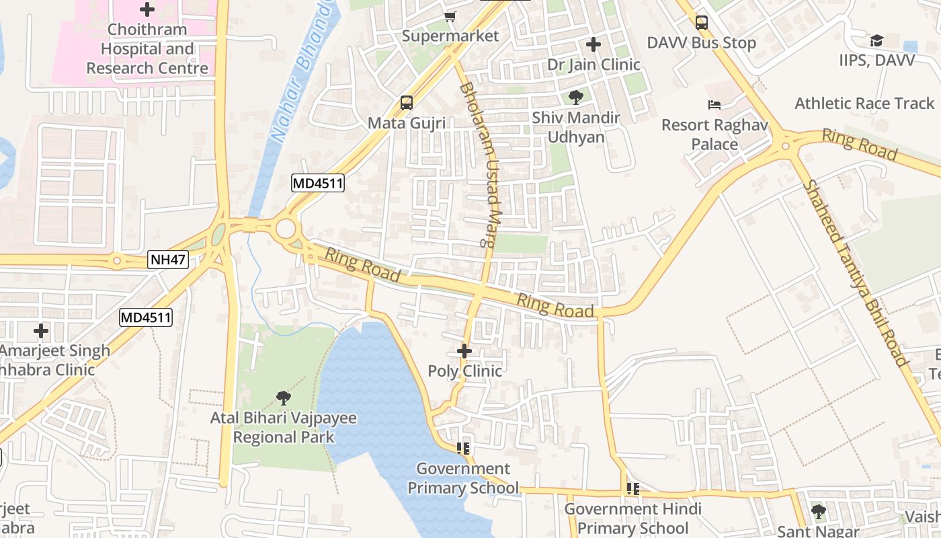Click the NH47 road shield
168,260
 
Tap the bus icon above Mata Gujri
407,103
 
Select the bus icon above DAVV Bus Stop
702,23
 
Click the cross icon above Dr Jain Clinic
593,44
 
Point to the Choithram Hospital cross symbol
147,9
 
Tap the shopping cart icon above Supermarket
450,16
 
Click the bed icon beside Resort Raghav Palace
714,105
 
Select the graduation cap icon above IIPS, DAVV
876,40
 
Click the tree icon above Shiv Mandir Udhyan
575,98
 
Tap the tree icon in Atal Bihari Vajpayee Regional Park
283,398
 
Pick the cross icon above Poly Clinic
464,351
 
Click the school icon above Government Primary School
462,448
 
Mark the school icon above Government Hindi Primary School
632,489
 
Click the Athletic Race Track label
864,104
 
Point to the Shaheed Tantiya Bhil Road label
856,273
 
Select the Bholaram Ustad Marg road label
482,165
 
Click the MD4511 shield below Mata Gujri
318,183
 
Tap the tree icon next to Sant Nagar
818,512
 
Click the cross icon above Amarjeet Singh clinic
41,331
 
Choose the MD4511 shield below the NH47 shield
146,317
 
